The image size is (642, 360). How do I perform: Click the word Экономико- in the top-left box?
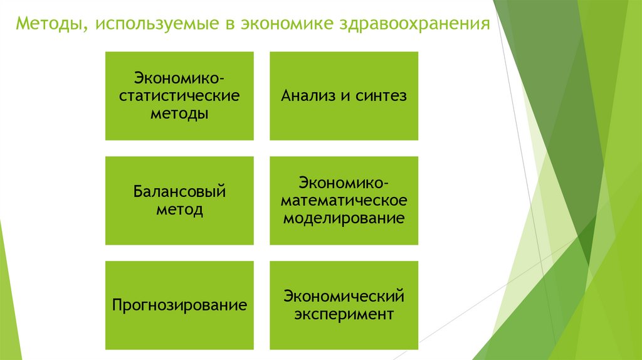click(179, 80)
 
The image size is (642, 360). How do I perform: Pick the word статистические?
click(179, 97)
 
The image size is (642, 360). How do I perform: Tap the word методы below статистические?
click(179, 114)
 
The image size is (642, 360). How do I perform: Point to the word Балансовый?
click(179, 191)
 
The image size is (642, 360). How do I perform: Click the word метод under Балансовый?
click(179, 209)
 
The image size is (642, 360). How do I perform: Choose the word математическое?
click(344, 201)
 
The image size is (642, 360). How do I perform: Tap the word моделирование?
click(344, 219)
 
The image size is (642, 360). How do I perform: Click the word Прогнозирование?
click(179, 306)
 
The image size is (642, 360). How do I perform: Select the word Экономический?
click(344, 295)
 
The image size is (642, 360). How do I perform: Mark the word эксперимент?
click(344, 314)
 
